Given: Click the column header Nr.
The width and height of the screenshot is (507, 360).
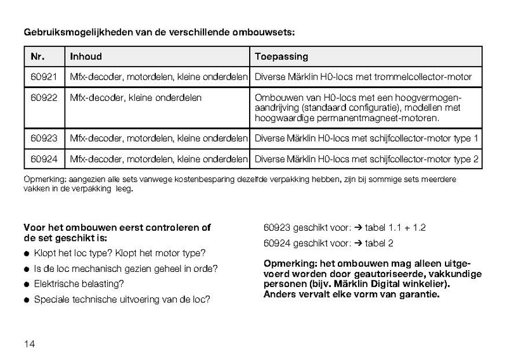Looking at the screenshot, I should point(37,56).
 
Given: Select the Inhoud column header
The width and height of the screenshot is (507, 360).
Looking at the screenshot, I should point(86,56).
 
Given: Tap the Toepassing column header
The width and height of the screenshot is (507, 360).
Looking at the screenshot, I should point(281,56).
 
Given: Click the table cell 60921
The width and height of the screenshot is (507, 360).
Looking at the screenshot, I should point(44,77).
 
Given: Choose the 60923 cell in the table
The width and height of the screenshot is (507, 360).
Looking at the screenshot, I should point(44,138).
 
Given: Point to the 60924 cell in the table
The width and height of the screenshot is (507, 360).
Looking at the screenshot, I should point(44,158).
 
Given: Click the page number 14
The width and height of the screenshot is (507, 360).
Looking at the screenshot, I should point(29,344).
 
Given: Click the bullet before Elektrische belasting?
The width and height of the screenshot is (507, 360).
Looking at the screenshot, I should point(27,284).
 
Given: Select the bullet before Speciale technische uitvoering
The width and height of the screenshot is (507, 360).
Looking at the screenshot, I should point(27,299).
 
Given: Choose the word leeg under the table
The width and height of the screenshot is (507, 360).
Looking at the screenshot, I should point(123,188).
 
